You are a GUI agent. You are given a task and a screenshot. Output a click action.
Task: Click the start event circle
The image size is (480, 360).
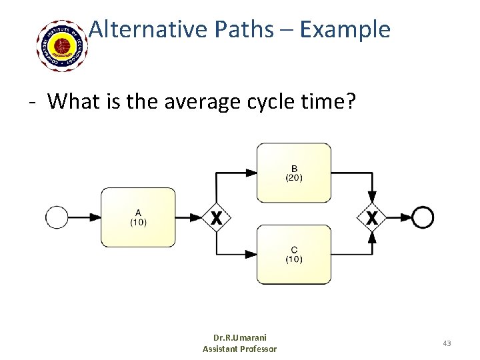(x=57, y=217)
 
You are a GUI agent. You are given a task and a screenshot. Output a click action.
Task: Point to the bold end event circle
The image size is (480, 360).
(x=423, y=217)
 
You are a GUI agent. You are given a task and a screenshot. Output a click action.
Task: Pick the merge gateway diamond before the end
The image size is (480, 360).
(x=372, y=217)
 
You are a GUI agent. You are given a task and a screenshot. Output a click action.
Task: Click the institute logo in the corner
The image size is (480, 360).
(x=63, y=45)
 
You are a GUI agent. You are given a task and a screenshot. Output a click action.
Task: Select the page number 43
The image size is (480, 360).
(x=446, y=343)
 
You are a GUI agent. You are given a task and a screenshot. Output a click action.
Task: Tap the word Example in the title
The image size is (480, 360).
(x=345, y=29)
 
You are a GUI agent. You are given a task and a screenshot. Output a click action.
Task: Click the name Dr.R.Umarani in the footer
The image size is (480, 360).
(x=239, y=338)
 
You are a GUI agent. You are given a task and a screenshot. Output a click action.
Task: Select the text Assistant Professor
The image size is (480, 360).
(x=239, y=349)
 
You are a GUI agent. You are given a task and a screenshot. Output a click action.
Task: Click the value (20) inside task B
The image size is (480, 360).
(x=293, y=177)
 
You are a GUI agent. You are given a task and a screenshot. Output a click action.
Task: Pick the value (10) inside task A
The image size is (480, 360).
(x=138, y=222)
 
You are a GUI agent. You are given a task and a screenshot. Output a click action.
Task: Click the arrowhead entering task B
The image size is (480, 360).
(x=251, y=173)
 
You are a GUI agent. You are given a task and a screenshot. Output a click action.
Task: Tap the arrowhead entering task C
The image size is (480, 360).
(x=251, y=255)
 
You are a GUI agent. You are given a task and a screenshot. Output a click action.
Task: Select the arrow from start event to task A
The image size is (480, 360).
(x=83, y=217)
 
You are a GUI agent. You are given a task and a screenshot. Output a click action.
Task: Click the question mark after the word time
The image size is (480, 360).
(x=351, y=101)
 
